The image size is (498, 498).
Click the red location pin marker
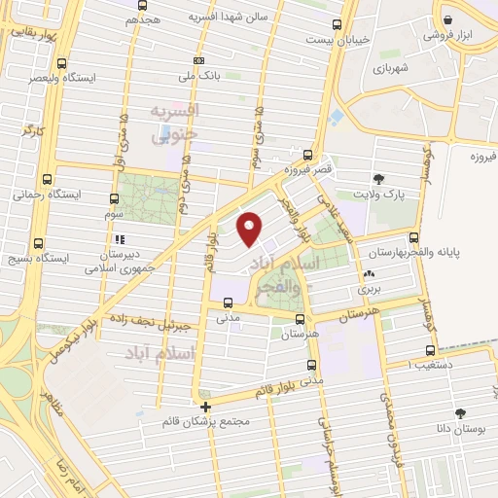[x=251, y=228]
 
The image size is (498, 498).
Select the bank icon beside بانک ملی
[x=198, y=60]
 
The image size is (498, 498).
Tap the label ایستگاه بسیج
[x=69, y=257]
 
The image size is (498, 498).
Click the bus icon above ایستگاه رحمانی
[x=48, y=179]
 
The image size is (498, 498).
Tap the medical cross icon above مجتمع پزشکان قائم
[x=204, y=408]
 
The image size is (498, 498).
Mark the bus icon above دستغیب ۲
[x=429, y=352]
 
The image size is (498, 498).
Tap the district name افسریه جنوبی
[x=175, y=122]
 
